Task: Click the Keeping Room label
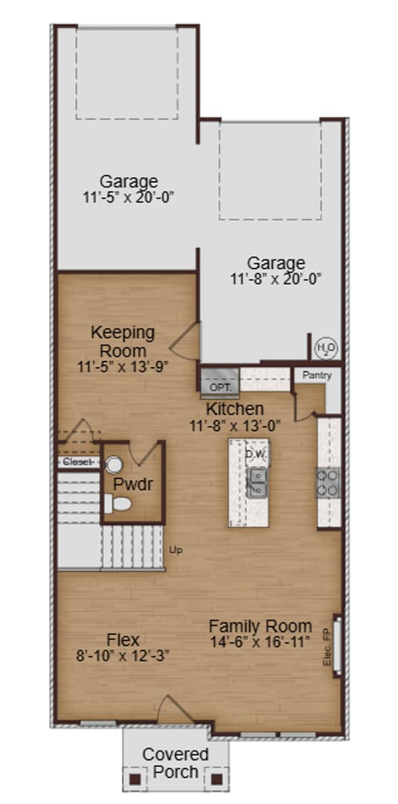(x=123, y=341)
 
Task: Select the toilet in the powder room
(x=118, y=504)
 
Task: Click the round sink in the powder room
(x=114, y=465)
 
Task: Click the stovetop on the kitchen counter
(x=328, y=482)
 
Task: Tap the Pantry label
(x=317, y=376)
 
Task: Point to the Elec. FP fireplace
(x=336, y=645)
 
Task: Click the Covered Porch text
(x=176, y=763)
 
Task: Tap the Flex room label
(x=123, y=640)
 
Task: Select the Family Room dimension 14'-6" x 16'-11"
(x=260, y=642)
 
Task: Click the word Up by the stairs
(x=176, y=550)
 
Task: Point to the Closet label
(x=77, y=462)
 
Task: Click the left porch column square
(x=135, y=779)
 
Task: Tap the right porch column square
(x=217, y=779)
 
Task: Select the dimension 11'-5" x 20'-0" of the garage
(x=129, y=197)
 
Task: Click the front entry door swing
(x=173, y=709)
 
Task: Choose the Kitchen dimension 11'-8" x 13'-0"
(x=234, y=426)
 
